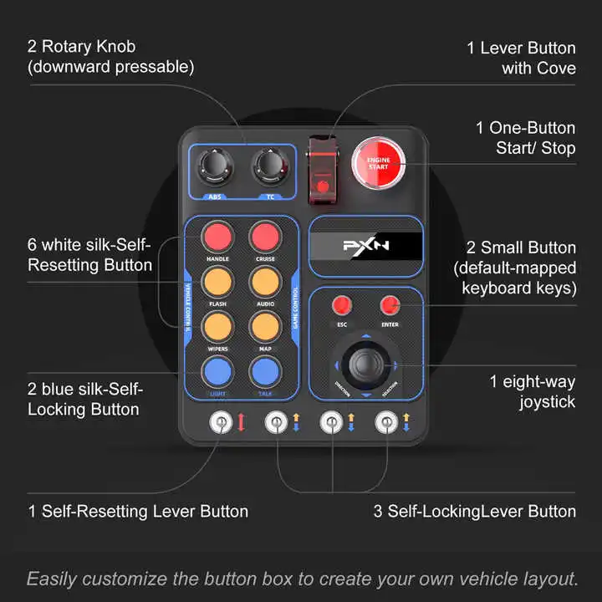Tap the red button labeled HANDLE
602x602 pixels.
click(218, 237)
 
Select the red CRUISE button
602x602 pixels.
click(264, 237)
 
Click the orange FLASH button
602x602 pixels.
click(218, 280)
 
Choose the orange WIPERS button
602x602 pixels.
click(218, 324)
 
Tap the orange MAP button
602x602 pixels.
click(264, 324)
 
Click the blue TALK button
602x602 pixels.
click(264, 370)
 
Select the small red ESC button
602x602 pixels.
click(341, 305)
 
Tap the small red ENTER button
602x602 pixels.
click(389, 305)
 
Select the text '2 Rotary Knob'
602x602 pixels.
click(81, 47)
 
